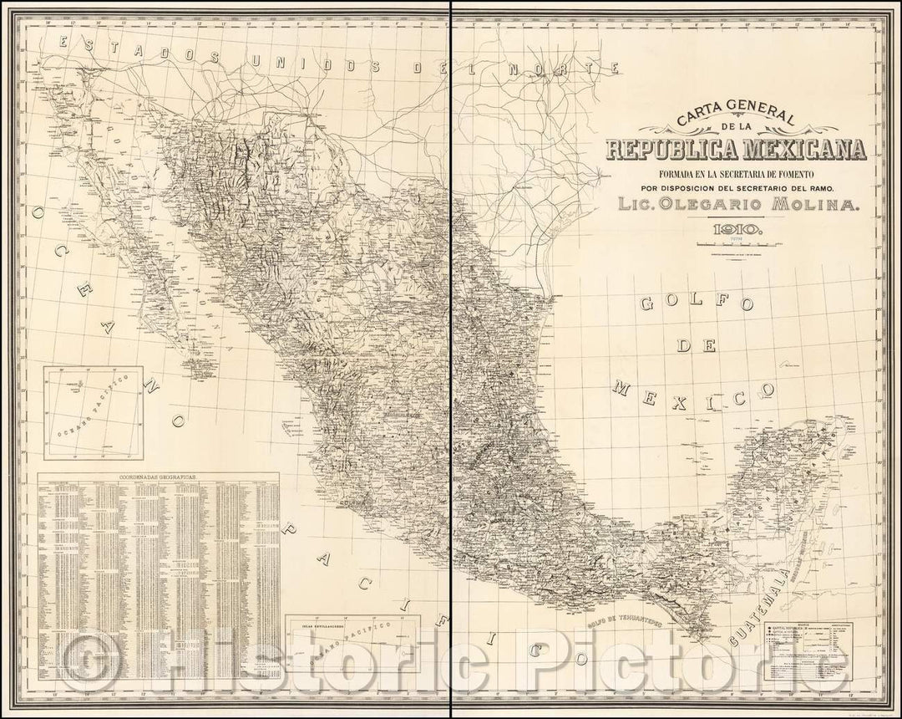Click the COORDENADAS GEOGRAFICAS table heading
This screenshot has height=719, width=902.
coord(159,476)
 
